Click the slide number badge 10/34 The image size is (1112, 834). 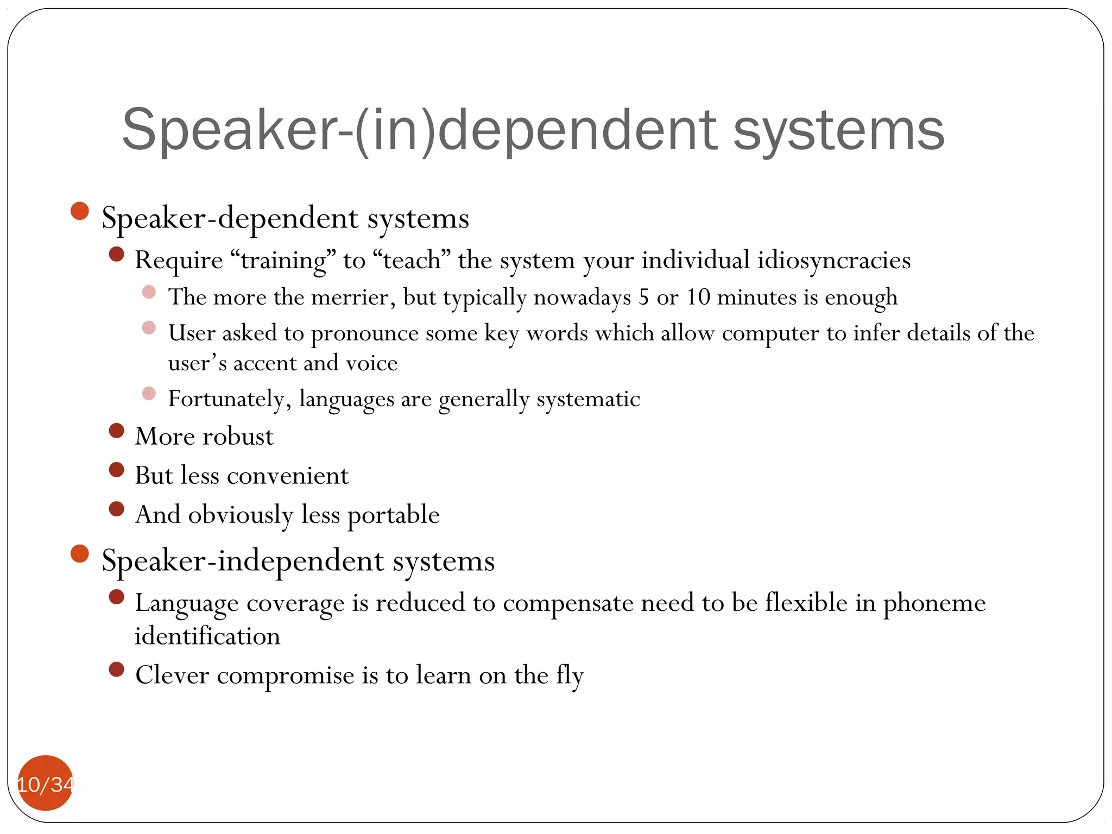pos(46,784)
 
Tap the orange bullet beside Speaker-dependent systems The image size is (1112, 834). pos(80,211)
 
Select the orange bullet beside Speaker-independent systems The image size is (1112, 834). pos(80,553)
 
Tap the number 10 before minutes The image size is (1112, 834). pos(698,297)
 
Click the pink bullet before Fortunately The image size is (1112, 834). pos(149,393)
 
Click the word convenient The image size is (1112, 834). pos(287,476)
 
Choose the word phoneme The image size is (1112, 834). pos(934,603)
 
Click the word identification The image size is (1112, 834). pos(207,636)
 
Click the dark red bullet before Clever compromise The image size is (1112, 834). pos(117,669)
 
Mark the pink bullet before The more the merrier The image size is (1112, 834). pos(149,292)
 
